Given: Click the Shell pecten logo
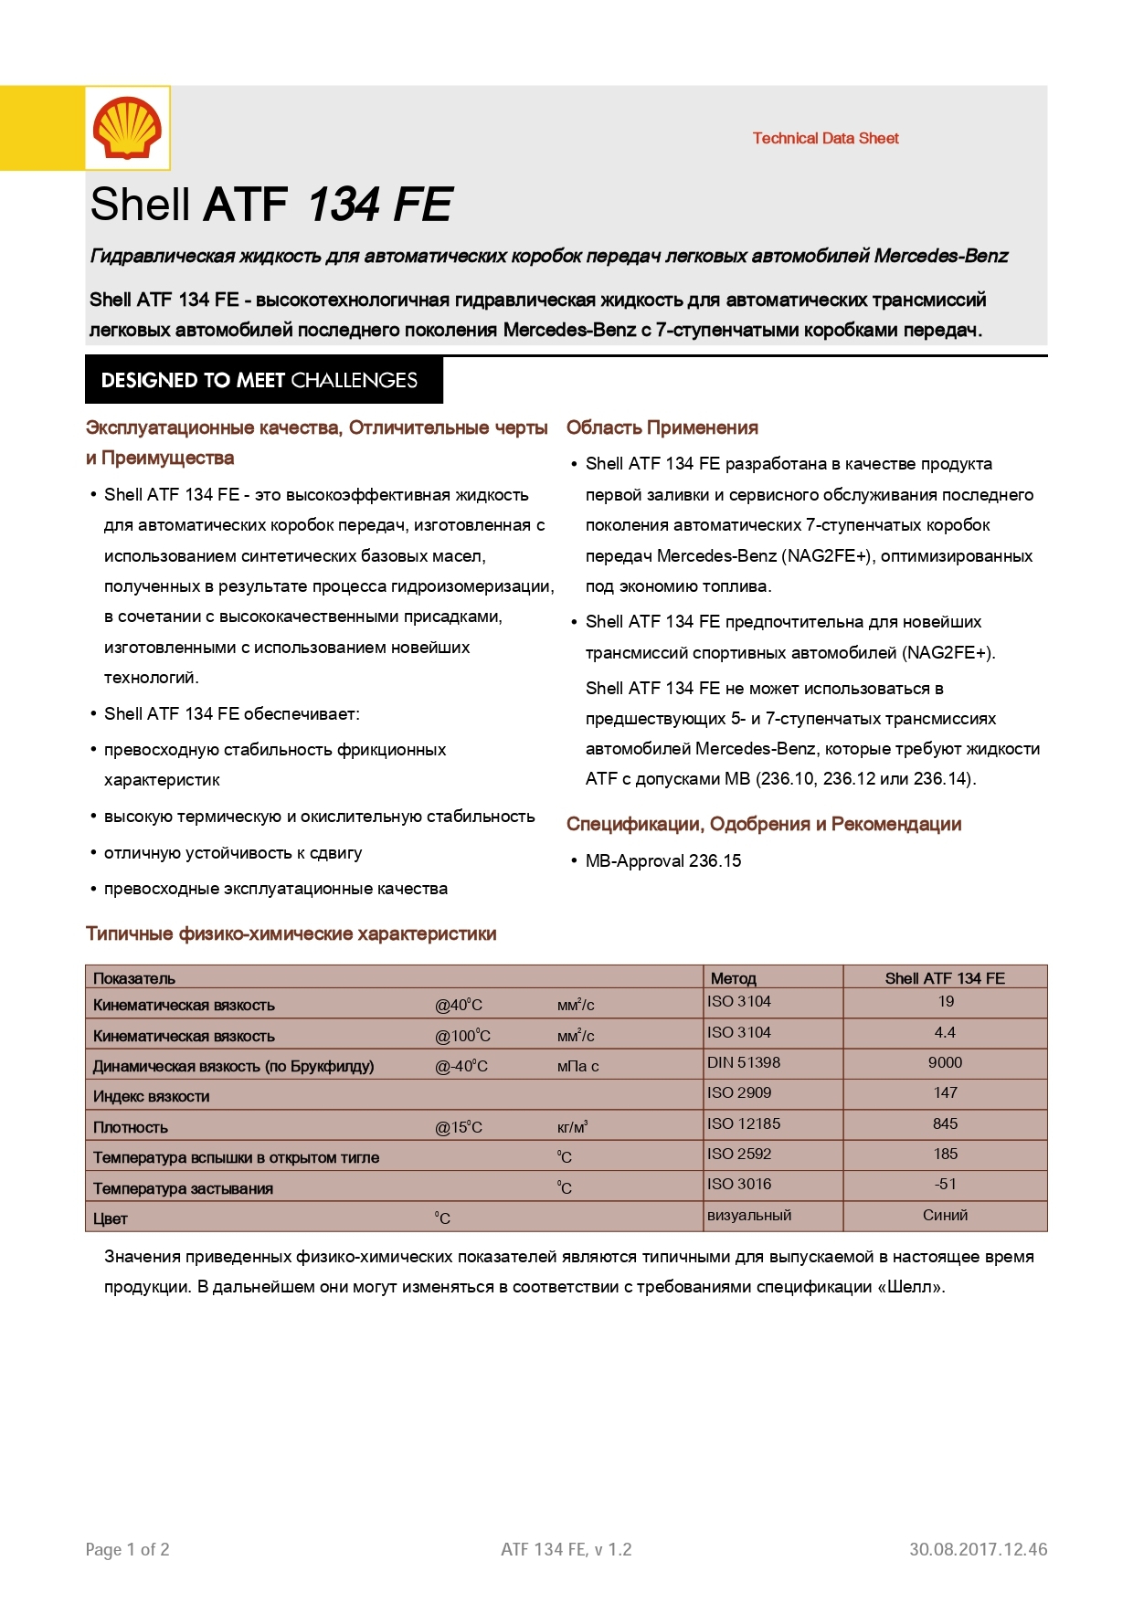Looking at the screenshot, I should click(x=127, y=128).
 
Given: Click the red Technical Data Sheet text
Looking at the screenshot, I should click(x=825, y=138).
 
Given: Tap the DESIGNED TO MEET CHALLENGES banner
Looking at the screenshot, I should click(x=263, y=380).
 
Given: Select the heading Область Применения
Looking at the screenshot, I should click(x=662, y=427).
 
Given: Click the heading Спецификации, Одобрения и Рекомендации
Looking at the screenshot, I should click(x=763, y=824).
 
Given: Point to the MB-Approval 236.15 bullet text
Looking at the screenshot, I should click(x=662, y=860).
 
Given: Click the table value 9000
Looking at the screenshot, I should click(x=945, y=1062).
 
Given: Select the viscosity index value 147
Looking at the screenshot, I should click(x=945, y=1092).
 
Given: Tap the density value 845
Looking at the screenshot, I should click(x=945, y=1123).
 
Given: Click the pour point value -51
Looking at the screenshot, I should click(x=945, y=1184).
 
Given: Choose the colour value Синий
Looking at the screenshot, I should click(x=945, y=1215).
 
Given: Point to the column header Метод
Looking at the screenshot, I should click(x=733, y=978).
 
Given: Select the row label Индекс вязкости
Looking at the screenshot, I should click(x=152, y=1096).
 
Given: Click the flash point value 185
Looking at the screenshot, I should click(x=945, y=1154).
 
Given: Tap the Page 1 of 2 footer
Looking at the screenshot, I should click(x=127, y=1549).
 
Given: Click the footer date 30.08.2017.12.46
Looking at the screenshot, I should click(x=978, y=1549).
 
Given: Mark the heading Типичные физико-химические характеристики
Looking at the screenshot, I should click(x=291, y=933).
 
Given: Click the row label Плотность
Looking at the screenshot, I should click(x=131, y=1127).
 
